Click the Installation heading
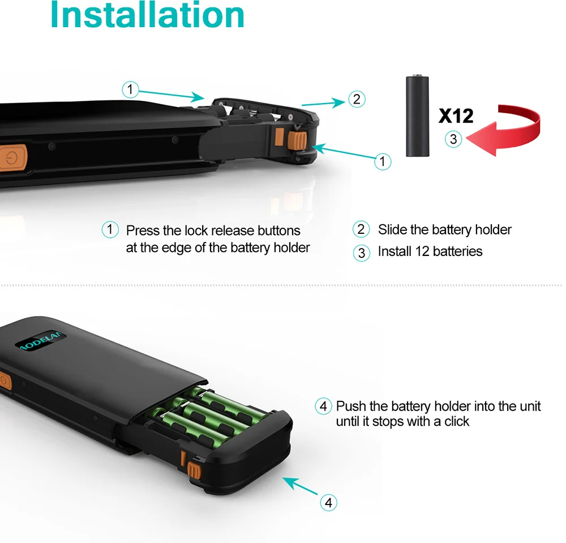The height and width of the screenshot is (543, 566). pyautogui.click(x=147, y=15)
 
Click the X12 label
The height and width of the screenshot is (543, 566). pyautogui.click(x=456, y=116)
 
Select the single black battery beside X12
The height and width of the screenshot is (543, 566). pyautogui.click(x=418, y=116)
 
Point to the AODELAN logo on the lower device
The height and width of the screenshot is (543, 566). pyautogui.click(x=41, y=340)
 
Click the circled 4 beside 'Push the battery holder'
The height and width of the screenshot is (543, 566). pyautogui.click(x=323, y=406)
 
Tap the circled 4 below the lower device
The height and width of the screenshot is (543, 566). pyautogui.click(x=328, y=503)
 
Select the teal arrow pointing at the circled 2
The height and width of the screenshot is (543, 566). pyautogui.click(x=324, y=103)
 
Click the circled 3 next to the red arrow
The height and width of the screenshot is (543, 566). pyautogui.click(x=453, y=139)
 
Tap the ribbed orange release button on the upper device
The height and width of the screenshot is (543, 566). pyautogui.click(x=297, y=140)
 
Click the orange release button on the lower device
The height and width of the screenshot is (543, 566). pyautogui.click(x=194, y=471)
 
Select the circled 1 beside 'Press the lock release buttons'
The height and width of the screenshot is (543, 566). pyautogui.click(x=110, y=230)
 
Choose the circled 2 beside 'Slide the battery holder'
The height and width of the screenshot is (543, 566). pyautogui.click(x=361, y=229)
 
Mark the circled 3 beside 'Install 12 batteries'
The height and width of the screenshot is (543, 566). pyautogui.click(x=361, y=253)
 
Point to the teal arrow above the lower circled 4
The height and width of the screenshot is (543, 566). pyautogui.click(x=300, y=486)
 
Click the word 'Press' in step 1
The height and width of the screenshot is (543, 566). pyautogui.click(x=143, y=230)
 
